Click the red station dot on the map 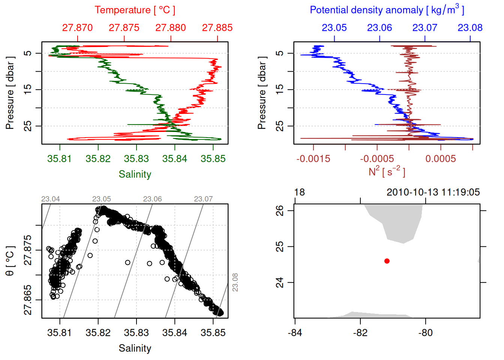387,261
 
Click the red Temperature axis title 135,10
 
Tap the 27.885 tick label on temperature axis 217,28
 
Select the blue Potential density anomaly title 387,10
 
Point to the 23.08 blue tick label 470,28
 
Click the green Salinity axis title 135,174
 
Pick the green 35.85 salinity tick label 213,159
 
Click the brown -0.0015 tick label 313,159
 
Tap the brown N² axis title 387,172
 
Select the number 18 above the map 299,192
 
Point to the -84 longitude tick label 295,333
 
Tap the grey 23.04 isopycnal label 50,199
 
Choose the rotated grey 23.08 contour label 235,282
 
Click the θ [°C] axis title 10,261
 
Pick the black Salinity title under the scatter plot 135,348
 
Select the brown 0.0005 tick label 440,159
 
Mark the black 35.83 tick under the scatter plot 136,333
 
